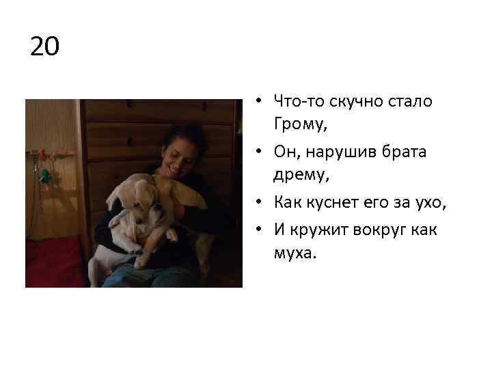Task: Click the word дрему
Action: point(300,176)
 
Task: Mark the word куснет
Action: point(327,202)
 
